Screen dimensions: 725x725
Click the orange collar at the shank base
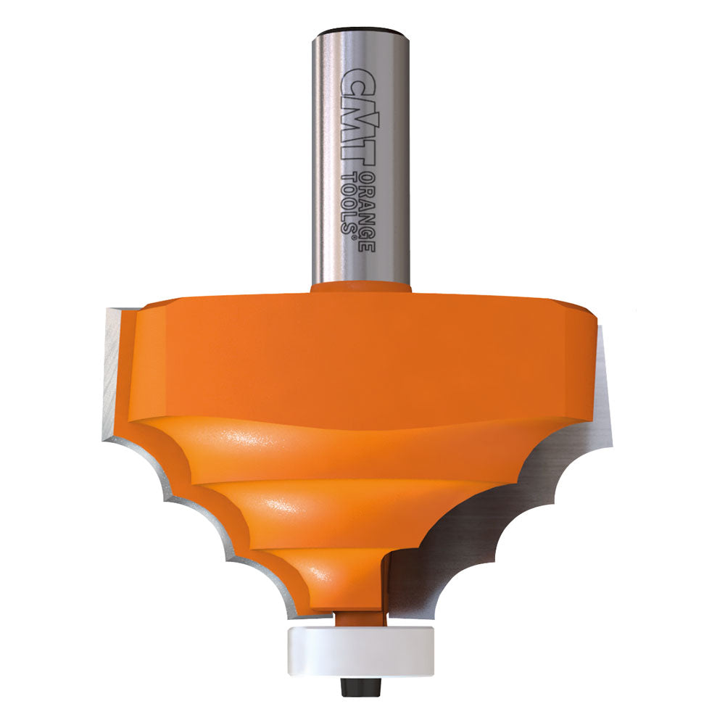361,287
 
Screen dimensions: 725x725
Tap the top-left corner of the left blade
107,310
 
